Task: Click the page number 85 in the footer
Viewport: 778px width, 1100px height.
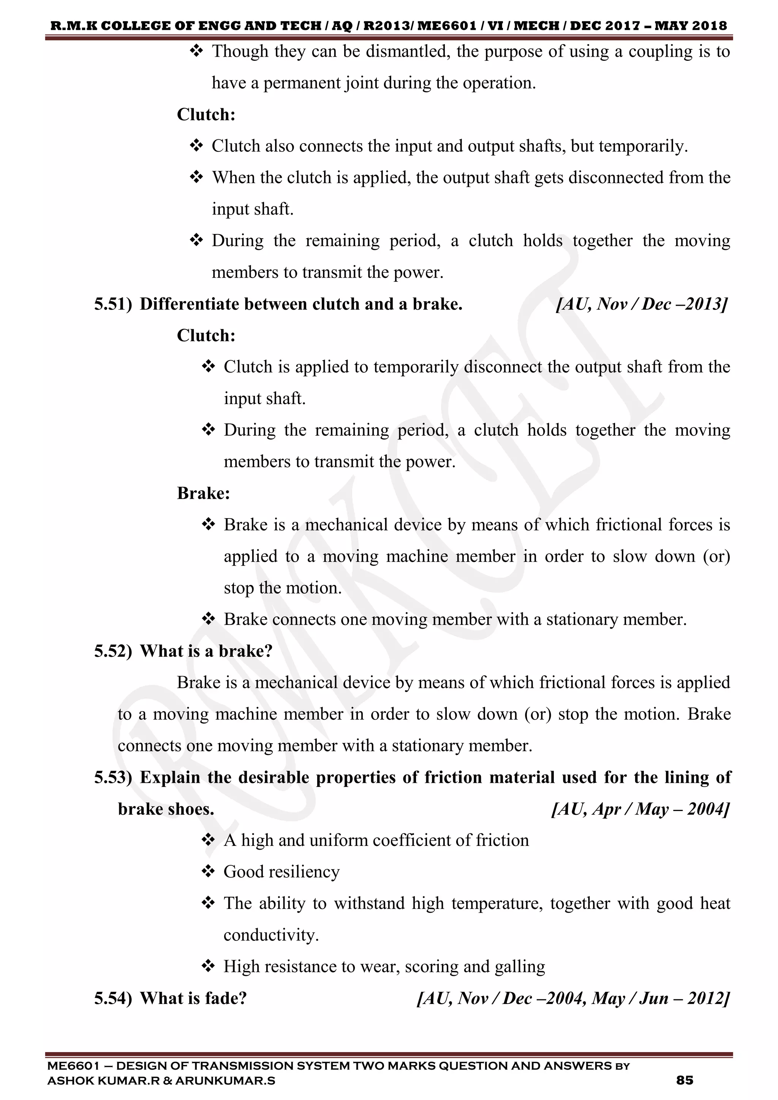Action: coord(685,1080)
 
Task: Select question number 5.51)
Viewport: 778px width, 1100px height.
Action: coord(112,304)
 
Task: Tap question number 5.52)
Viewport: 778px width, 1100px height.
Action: coord(112,651)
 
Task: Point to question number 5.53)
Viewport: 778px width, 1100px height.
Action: coord(112,777)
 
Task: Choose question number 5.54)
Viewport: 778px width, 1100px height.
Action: coord(112,998)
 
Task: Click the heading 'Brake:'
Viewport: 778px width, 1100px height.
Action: coord(204,493)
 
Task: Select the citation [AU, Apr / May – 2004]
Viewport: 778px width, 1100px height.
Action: coord(640,809)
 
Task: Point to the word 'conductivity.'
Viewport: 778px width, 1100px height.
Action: coord(271,935)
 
